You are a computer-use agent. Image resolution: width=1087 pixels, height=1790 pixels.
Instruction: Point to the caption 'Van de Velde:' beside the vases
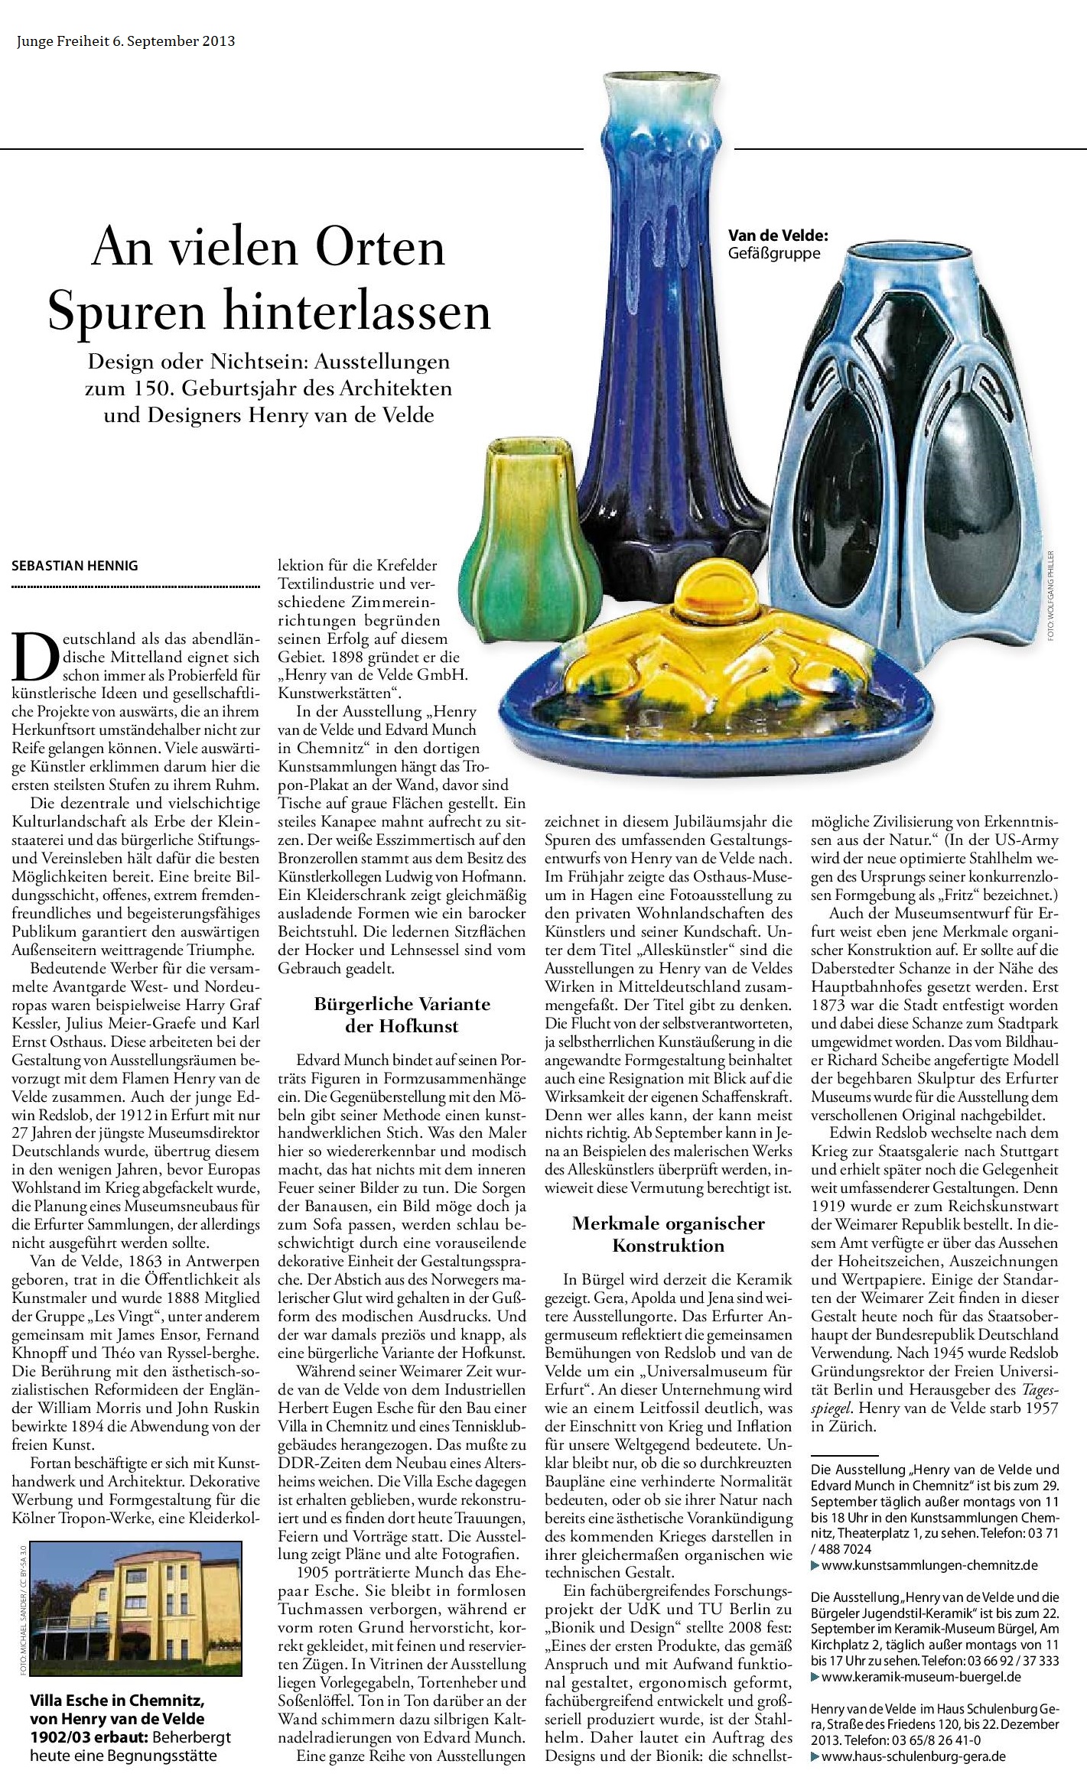[778, 237]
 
